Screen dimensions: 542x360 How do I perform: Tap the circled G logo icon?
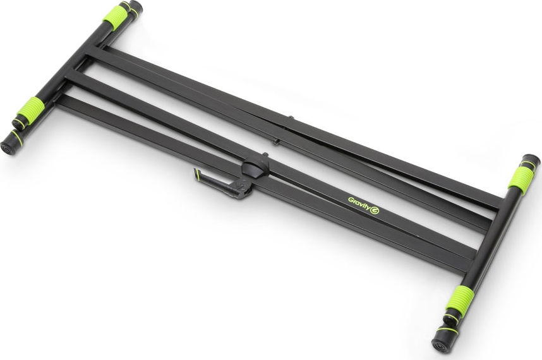tap(375, 210)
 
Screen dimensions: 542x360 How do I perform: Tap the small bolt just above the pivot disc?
tap(265, 155)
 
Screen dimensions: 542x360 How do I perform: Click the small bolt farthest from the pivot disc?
tap(291, 118)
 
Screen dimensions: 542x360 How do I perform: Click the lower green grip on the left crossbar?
tap(30, 108)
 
